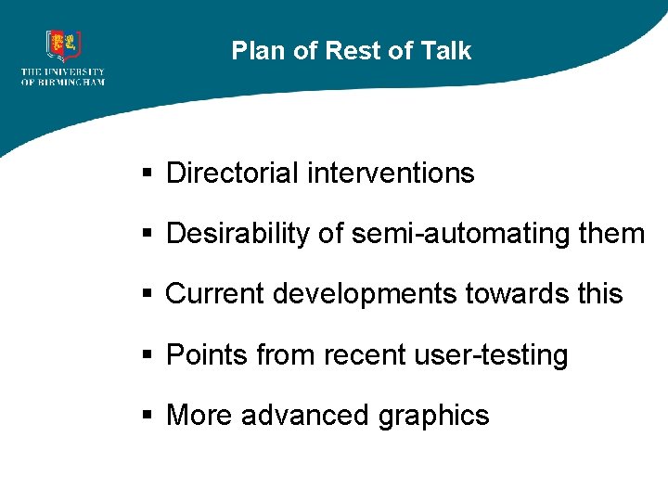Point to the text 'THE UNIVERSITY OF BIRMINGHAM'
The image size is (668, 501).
63,77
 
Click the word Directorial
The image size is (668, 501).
232,173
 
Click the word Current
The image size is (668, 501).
214,294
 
